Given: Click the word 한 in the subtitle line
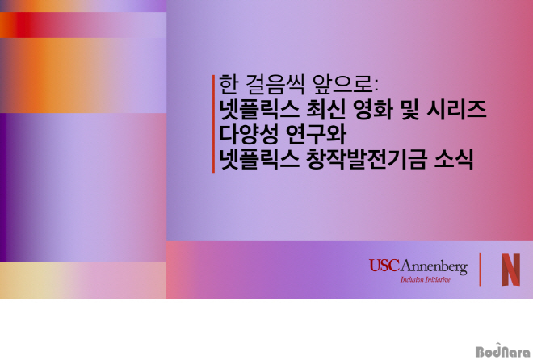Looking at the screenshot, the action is [x=228, y=84].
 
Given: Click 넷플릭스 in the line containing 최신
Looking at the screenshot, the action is [x=259, y=110].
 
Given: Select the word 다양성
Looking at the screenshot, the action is [x=249, y=135].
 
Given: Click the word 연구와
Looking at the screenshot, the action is [x=316, y=135].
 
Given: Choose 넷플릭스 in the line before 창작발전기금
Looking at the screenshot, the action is [x=259, y=160].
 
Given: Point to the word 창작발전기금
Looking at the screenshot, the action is [x=367, y=160].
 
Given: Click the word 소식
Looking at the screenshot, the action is [x=454, y=160].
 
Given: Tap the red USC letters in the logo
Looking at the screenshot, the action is [x=384, y=266].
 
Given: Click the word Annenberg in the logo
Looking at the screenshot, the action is [x=434, y=267].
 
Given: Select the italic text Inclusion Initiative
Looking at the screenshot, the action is [x=426, y=280].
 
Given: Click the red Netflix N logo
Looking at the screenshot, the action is [x=511, y=270].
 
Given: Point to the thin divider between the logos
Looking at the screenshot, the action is [x=480, y=270].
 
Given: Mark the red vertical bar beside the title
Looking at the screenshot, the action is [x=213, y=124].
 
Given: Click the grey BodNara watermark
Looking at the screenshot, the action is [x=503, y=350].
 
